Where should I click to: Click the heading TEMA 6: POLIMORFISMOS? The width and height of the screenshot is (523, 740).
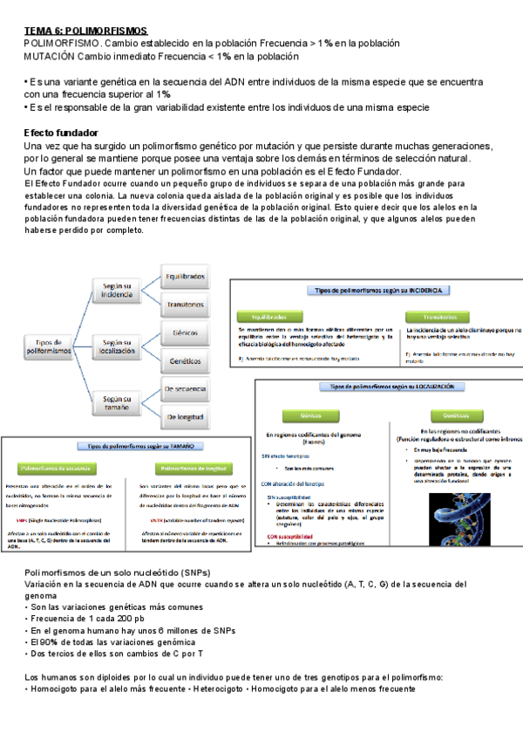pos(85,30)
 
